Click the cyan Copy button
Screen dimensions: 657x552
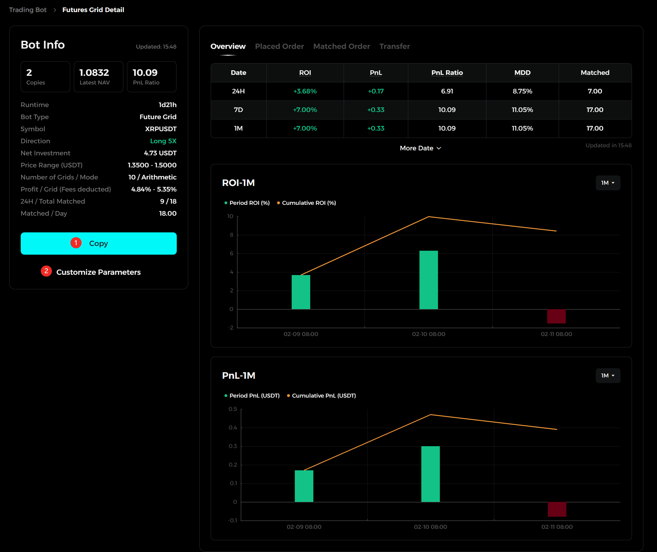[99, 244]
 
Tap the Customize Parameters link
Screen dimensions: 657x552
[98, 272]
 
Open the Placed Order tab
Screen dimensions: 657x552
[279, 46]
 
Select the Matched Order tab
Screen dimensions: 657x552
[342, 46]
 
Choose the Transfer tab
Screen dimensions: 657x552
[395, 46]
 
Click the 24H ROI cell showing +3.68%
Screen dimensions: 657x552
[305, 91]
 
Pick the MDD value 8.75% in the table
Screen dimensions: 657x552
[522, 91]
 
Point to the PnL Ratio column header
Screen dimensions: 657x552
[447, 73]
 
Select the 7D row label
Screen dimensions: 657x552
[238, 110]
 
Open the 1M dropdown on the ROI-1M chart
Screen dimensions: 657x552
[608, 183]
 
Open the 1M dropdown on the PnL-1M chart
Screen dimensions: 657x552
[608, 375]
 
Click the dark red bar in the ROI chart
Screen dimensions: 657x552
[556, 317]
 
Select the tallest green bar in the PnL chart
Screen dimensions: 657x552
[430, 474]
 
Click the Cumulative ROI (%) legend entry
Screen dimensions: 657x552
[307, 203]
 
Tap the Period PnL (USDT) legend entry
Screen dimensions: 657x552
[252, 396]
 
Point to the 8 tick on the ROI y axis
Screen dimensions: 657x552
[231, 235]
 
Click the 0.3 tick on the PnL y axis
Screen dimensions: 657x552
[233, 446]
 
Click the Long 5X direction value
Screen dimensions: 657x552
[163, 141]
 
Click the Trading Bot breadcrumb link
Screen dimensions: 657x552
[28, 10]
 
